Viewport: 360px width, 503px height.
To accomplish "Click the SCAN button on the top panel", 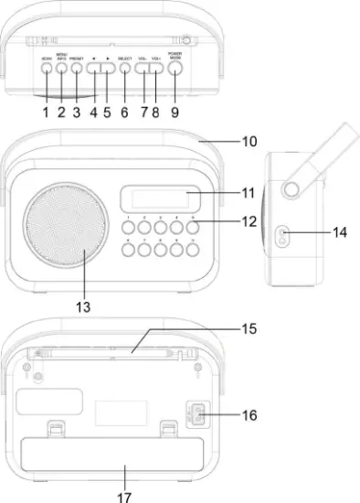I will click(x=46, y=67).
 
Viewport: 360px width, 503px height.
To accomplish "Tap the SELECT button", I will click(x=124, y=67).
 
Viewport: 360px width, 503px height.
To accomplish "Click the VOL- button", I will click(x=143, y=67).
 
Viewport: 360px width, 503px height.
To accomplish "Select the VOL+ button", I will click(x=157, y=67).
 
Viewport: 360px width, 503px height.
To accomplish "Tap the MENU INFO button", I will click(x=61, y=67).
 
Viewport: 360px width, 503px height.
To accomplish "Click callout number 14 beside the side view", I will click(x=340, y=234).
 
